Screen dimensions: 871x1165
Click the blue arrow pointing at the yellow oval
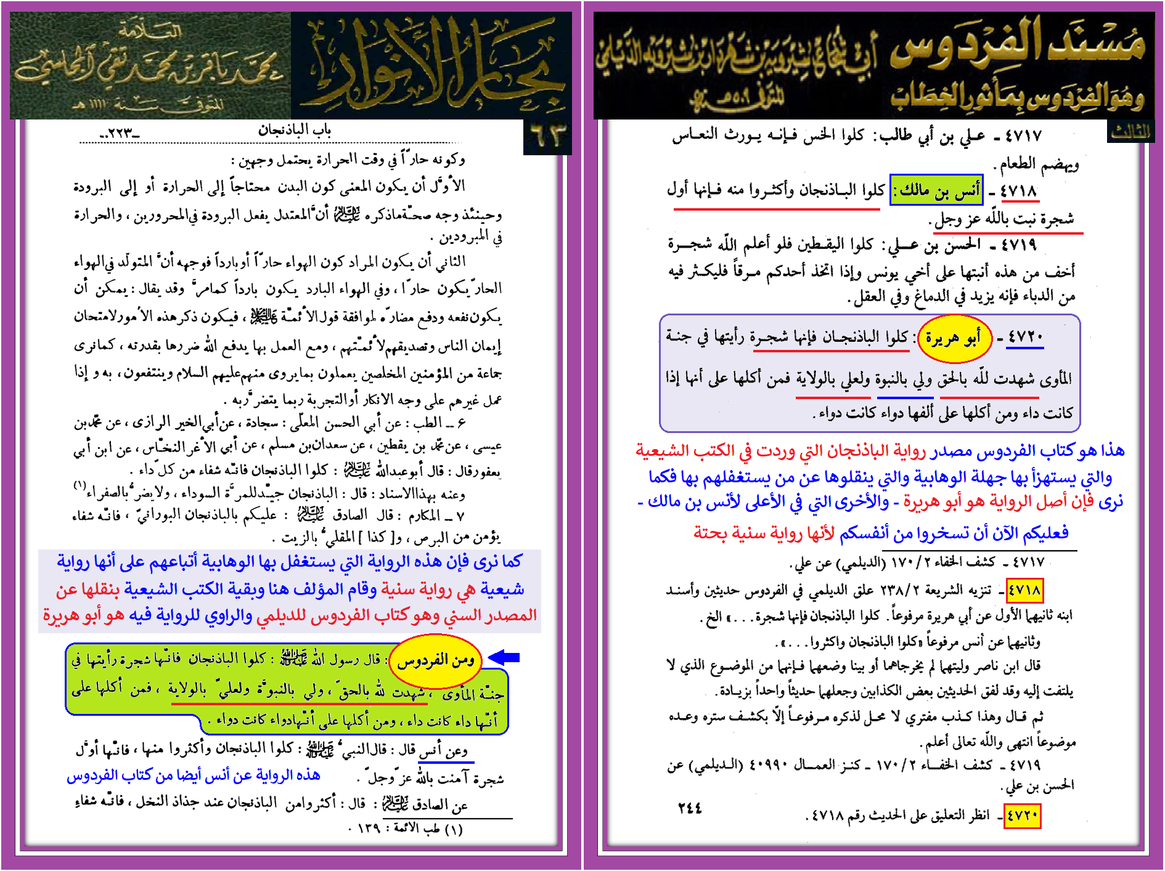tap(504, 657)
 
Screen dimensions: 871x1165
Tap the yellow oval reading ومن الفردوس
tap(436, 661)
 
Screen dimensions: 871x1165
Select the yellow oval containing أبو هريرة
tap(954, 338)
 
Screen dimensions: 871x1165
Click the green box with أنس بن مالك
tap(936, 190)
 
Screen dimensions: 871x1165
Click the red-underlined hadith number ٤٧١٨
tap(1019, 192)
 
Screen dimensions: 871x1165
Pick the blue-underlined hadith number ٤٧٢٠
tap(1025, 338)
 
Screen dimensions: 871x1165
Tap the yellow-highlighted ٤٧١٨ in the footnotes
tap(1024, 590)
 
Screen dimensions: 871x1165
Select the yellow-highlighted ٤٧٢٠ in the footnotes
tap(1023, 816)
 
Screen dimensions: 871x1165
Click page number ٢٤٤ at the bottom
tap(690, 808)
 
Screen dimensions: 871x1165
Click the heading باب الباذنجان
tap(295, 130)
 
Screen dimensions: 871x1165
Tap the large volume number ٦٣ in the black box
tap(547, 137)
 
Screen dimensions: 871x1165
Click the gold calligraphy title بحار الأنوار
tap(431, 65)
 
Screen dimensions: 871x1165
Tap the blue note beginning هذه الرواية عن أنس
tap(194, 776)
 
